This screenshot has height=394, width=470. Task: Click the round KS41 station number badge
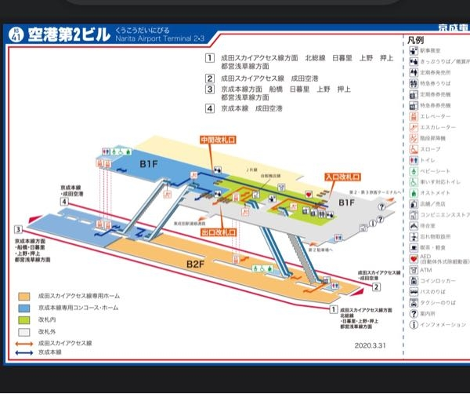click(x=15, y=34)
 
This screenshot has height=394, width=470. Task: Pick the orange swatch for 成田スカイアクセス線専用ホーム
click(x=25, y=297)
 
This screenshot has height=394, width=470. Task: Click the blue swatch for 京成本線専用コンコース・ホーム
click(x=25, y=308)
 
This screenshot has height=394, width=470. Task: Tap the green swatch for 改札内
click(x=25, y=320)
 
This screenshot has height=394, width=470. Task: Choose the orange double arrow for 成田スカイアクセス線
click(x=25, y=343)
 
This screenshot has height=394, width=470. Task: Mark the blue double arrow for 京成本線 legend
click(x=25, y=353)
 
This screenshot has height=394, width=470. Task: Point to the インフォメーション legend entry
click(x=443, y=324)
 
